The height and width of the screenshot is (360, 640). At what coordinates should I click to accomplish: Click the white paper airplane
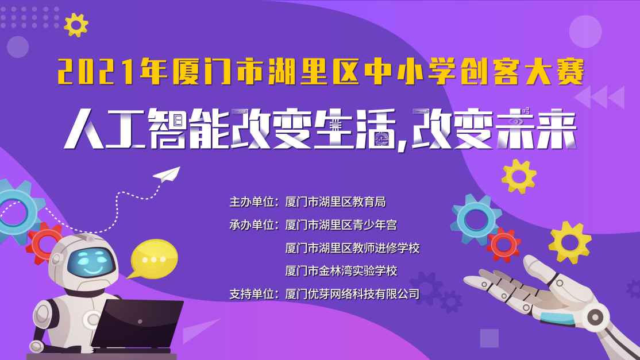point(167,175)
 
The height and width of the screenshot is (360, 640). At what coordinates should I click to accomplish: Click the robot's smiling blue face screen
point(90,262)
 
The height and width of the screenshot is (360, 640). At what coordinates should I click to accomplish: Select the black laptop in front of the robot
point(137,324)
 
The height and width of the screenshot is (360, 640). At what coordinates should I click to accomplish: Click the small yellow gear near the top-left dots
point(76,25)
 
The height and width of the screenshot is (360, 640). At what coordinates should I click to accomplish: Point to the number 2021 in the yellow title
point(96,72)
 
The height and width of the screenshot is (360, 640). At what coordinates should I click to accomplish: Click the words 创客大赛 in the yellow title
point(522,72)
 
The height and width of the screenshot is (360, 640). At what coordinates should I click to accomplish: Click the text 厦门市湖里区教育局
point(336,202)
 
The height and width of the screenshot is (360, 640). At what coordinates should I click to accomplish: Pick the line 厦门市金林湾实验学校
point(341,270)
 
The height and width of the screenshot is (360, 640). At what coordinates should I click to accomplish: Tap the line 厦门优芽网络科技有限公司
point(352,293)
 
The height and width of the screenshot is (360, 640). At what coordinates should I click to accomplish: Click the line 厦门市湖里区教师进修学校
point(352,248)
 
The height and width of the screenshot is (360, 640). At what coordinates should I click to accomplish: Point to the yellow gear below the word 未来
point(519,176)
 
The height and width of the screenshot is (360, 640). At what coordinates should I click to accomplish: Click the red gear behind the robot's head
point(44,242)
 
